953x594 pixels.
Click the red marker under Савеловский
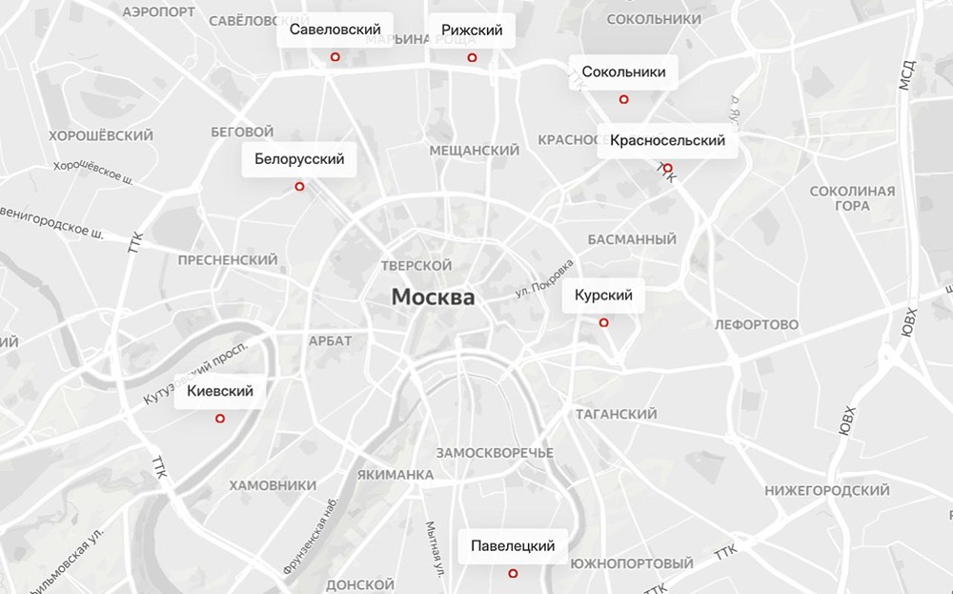335,58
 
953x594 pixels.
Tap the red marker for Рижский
472,58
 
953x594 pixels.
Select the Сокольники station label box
623,72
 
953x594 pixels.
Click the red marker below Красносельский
668,168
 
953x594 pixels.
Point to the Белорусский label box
299,159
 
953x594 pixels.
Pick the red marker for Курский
603,322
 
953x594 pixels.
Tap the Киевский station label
220,391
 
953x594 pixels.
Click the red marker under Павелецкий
513,574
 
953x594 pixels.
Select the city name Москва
433,297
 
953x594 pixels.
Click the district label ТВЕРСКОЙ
416,265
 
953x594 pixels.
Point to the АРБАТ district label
331,340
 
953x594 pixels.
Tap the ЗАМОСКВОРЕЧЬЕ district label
494,451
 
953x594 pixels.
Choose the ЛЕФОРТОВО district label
756,325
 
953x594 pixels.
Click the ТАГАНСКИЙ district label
616,415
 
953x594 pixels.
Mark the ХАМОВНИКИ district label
273,485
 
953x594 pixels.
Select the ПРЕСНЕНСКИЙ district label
228,259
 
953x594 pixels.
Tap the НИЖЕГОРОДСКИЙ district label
827,490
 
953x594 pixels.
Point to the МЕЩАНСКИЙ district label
474,151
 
